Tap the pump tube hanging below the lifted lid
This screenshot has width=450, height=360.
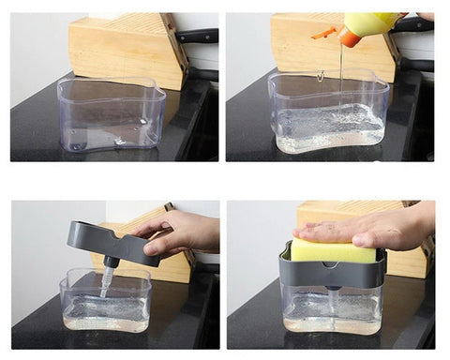pyautogui.click(x=108, y=277)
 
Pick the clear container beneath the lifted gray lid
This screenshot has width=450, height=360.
pyautogui.click(x=105, y=305)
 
